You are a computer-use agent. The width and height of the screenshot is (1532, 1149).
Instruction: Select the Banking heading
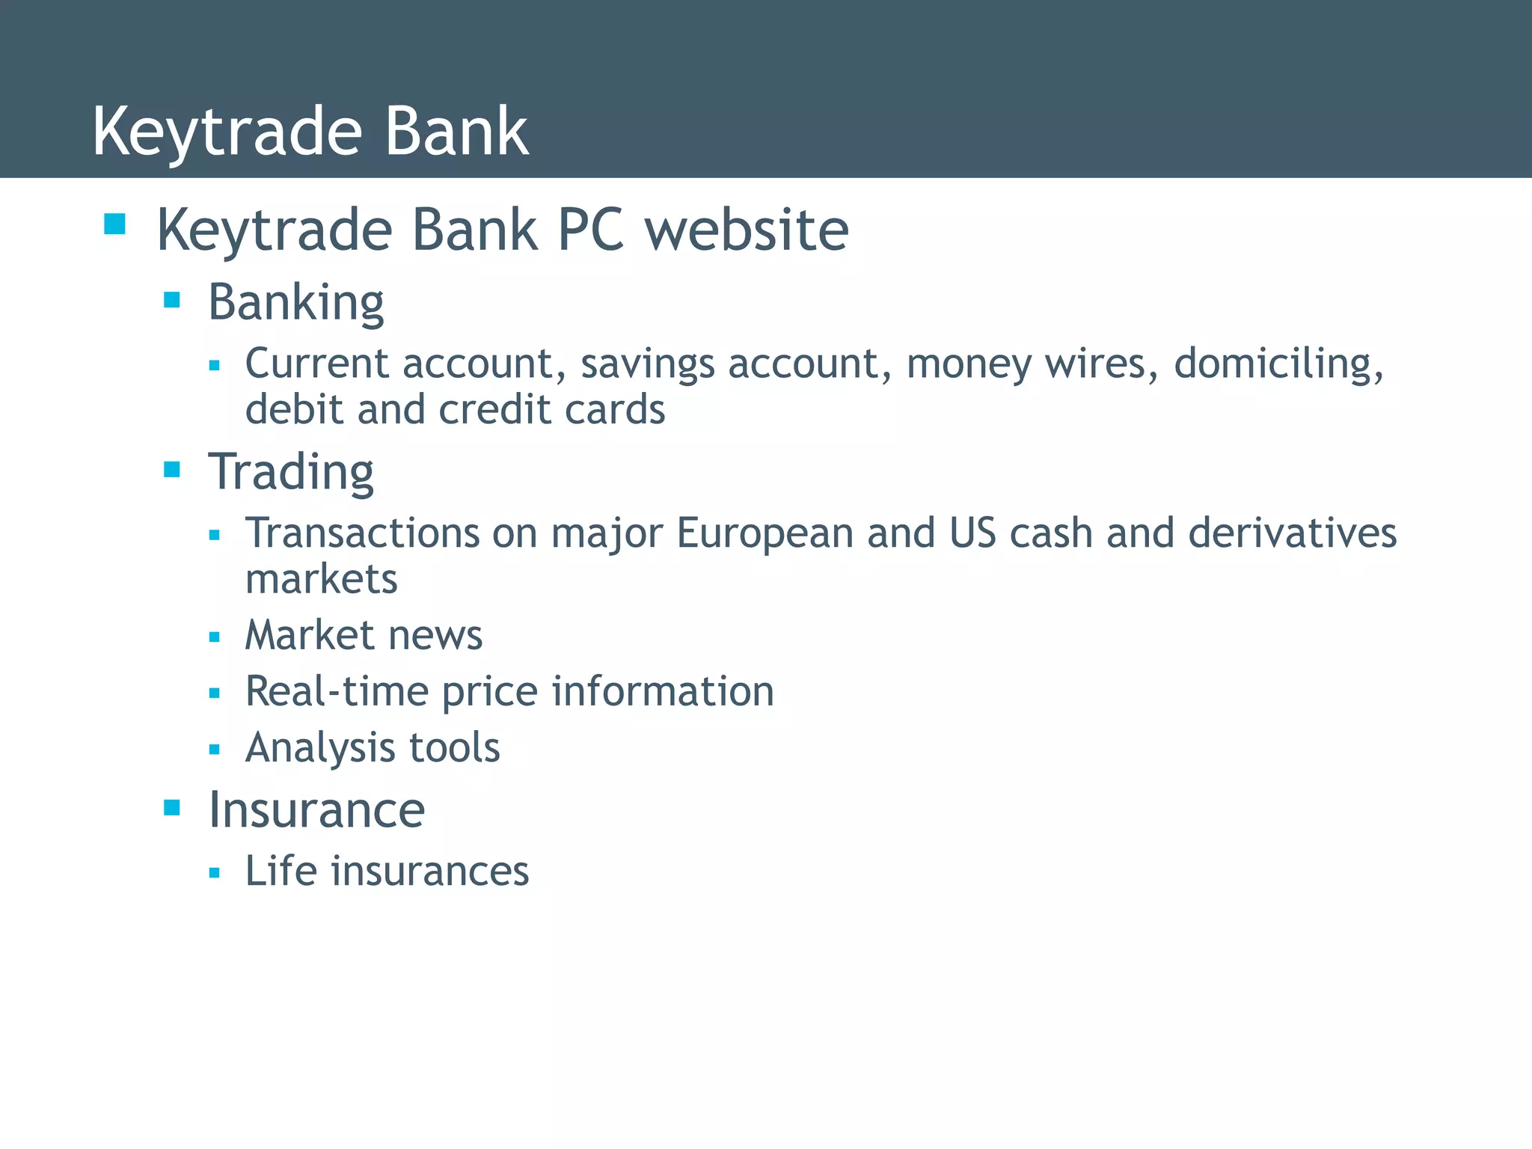[295, 303]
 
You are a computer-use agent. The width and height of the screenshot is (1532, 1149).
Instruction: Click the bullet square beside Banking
[172, 301]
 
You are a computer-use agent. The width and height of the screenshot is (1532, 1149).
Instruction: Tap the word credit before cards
[494, 410]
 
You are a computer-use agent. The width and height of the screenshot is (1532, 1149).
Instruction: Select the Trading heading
[291, 473]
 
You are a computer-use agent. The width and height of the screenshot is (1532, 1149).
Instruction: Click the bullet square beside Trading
[172, 470]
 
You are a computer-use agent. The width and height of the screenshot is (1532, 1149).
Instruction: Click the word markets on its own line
[322, 580]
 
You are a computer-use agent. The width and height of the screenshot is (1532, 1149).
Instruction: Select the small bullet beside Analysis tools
[215, 749]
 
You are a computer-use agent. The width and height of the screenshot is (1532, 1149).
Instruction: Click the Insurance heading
[316, 810]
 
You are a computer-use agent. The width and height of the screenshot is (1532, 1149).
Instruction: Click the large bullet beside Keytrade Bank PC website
[115, 224]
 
